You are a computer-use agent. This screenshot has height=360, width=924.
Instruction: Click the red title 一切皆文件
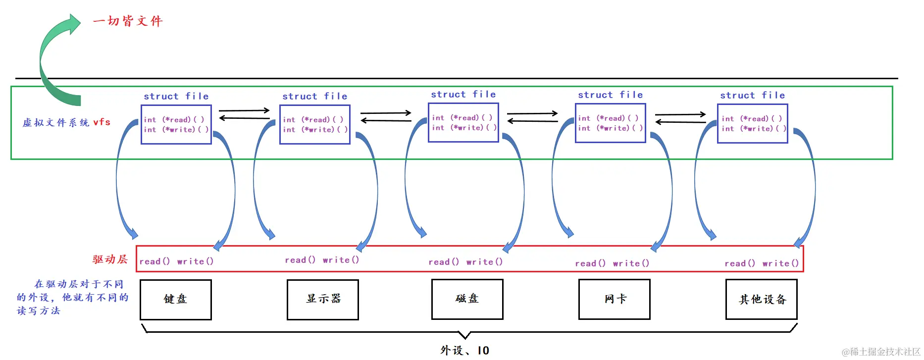[x=128, y=21]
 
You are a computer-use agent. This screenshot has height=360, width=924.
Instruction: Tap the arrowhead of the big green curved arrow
[x=74, y=23]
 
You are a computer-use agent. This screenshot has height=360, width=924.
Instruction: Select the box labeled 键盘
[x=176, y=299]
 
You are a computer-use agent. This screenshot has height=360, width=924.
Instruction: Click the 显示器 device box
[x=323, y=299]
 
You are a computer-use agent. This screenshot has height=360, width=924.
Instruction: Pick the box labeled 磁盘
[x=467, y=299]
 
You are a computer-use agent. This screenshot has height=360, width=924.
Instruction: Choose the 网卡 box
[x=614, y=299]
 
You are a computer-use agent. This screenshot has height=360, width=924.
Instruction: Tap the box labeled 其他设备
[x=761, y=299]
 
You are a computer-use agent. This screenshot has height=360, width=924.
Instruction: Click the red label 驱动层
[x=110, y=259]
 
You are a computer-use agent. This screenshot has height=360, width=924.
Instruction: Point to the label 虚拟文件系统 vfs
[x=66, y=122]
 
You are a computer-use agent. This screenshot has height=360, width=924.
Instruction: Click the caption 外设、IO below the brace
[x=464, y=351]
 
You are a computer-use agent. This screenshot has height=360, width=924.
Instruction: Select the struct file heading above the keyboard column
[x=176, y=96]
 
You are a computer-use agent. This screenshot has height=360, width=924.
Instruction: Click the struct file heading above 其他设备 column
[x=752, y=95]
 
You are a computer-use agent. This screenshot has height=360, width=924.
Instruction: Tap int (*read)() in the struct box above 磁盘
[x=462, y=117]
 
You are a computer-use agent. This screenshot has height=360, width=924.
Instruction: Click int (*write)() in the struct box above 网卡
[x=610, y=128]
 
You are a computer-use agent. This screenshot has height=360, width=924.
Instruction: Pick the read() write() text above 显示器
[x=322, y=259]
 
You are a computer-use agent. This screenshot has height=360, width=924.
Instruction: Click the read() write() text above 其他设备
[x=761, y=263]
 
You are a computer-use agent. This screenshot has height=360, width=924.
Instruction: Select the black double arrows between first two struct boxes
[x=244, y=114]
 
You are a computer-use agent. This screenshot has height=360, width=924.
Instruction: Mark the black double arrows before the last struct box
[x=680, y=118]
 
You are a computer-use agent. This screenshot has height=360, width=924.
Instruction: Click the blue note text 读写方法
[x=38, y=310]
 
